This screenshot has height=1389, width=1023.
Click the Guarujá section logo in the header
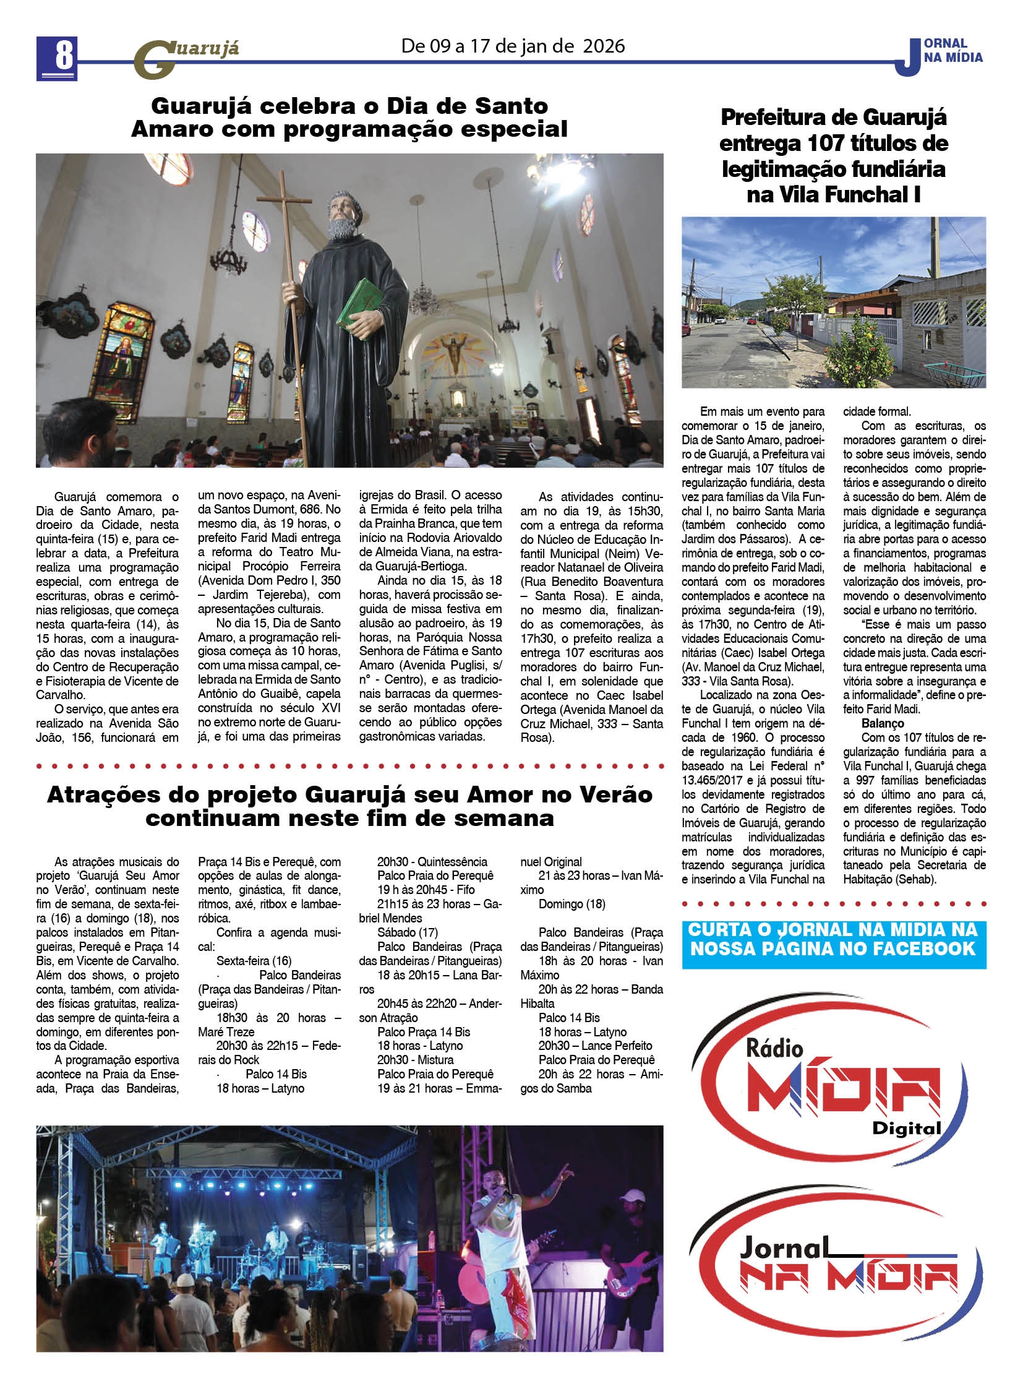pyautogui.click(x=186, y=59)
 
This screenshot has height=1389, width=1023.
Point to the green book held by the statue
pyautogui.click(x=361, y=305)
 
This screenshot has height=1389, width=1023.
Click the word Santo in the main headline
pyautogui.click(x=511, y=106)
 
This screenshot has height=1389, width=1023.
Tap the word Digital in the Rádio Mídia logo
pyautogui.click(x=906, y=1128)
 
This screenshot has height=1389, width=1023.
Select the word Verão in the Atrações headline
pyautogui.click(x=611, y=795)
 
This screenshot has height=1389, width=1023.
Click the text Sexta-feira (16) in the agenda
pyautogui.click(x=254, y=961)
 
